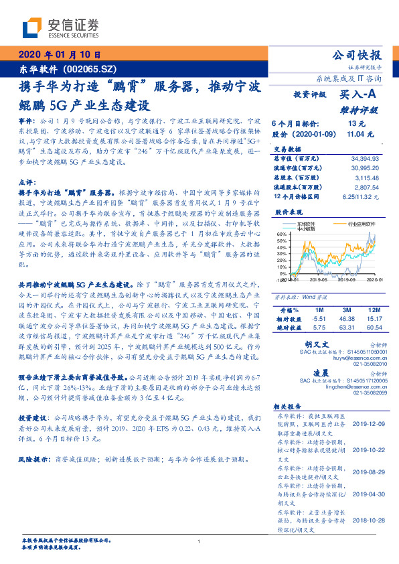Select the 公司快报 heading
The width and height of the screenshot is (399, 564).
click(x=357, y=56)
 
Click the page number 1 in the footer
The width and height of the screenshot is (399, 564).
click(x=199, y=542)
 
